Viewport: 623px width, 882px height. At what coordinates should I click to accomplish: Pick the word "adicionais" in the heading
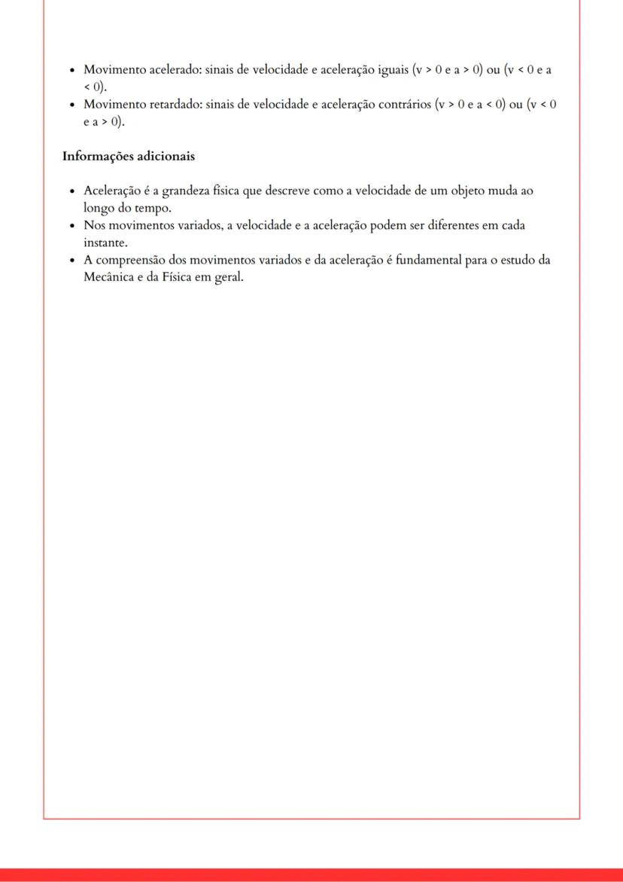tap(165, 157)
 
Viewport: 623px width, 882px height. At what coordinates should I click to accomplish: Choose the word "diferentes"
tap(436, 226)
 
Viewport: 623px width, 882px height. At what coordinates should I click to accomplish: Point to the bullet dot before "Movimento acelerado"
tap(71, 70)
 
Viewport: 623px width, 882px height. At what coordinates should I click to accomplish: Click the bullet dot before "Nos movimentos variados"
tap(71, 227)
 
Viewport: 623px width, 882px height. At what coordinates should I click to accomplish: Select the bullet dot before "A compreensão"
tap(71, 261)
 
